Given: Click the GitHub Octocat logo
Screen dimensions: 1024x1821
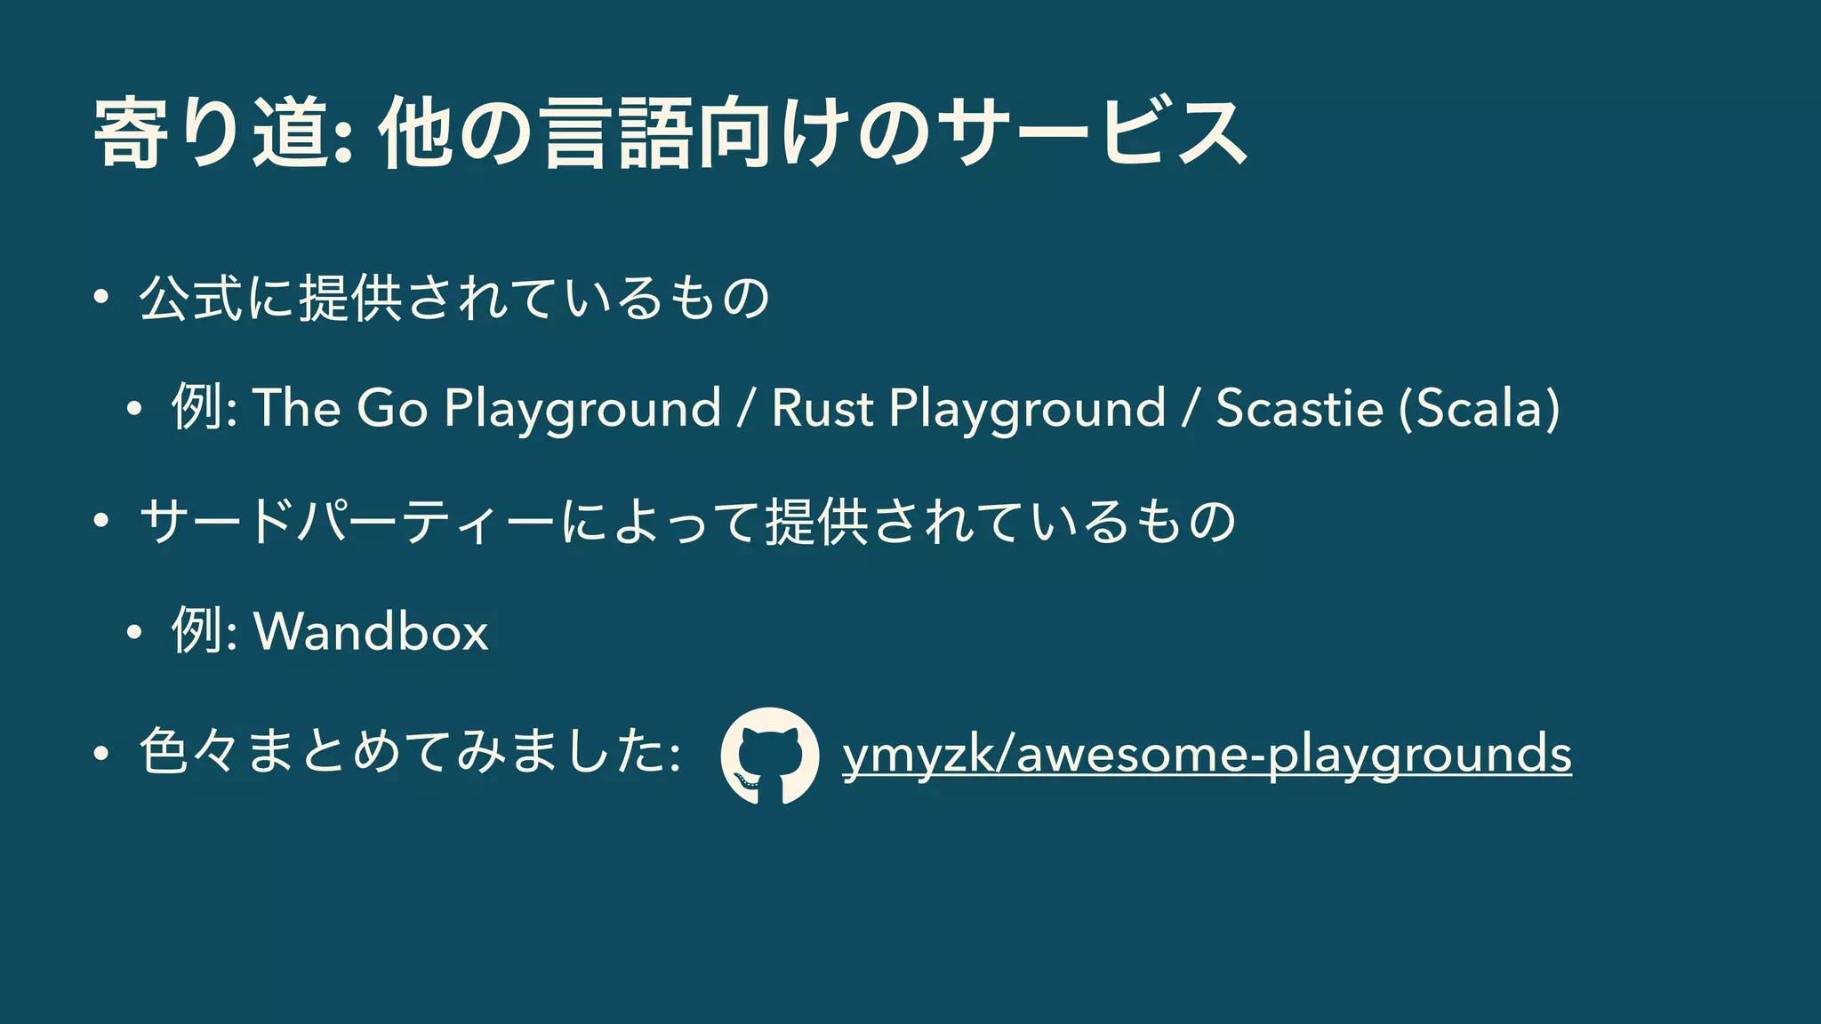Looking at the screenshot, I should coord(769,756).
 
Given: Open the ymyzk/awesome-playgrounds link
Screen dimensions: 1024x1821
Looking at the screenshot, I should coord(1207,754).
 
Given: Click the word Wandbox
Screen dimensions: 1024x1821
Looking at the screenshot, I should coord(371,631).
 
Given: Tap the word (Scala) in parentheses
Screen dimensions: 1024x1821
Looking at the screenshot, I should coord(1479,408).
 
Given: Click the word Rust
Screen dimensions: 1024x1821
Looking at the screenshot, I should coord(822,408).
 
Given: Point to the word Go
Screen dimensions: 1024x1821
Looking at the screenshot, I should coord(392,408).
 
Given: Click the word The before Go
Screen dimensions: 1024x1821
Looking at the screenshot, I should coord(298,408).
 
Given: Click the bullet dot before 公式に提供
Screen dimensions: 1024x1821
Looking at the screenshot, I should coord(100,298).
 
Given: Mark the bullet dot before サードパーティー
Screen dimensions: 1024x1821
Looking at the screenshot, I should coord(100,521).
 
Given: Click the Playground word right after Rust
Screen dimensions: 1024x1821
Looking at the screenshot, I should coord(1027,410).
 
